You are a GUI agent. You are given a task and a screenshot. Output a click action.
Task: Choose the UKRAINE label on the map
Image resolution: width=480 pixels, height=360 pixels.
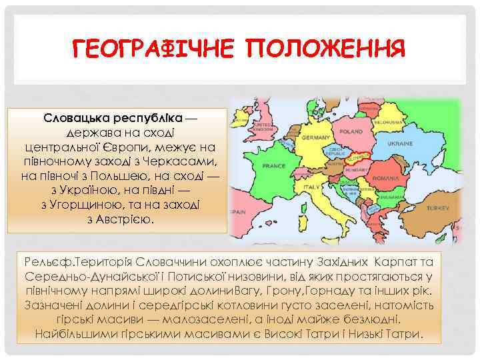click(401, 144)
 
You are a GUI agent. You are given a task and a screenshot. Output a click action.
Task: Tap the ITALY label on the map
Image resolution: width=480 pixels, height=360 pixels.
click(312, 189)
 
